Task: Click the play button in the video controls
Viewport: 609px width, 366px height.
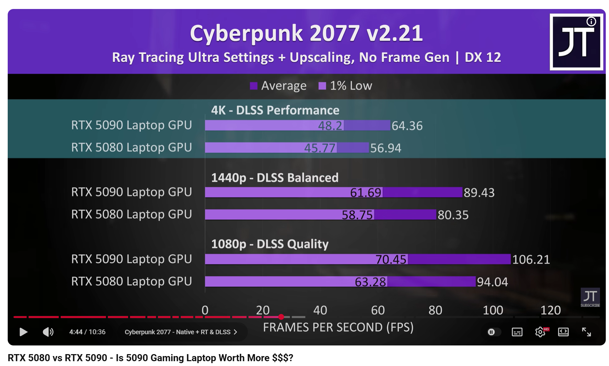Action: [23, 332]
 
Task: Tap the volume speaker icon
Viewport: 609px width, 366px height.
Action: [48, 332]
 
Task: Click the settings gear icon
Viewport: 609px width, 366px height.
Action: [540, 332]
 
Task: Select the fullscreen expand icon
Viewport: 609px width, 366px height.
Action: [586, 332]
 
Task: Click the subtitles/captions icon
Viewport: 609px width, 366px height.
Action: [517, 332]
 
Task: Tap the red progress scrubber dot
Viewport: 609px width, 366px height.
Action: [281, 317]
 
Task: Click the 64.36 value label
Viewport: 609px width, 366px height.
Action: [407, 126]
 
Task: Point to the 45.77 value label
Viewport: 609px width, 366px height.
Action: [320, 148]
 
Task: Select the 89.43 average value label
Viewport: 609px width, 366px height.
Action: [479, 193]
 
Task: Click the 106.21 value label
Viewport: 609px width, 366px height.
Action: [531, 259]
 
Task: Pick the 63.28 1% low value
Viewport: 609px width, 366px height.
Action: [370, 282]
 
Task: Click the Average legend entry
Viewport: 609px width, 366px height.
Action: [278, 86]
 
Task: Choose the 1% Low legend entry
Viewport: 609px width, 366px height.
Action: [345, 86]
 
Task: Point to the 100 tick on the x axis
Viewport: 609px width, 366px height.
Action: [493, 310]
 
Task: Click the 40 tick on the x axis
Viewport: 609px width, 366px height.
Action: [320, 310]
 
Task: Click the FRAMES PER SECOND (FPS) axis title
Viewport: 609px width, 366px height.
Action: [338, 327]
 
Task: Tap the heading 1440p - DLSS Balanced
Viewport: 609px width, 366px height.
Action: [275, 178]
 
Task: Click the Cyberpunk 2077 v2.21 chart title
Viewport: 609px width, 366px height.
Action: [306, 33]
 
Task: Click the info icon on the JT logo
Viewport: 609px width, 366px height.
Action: [591, 22]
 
